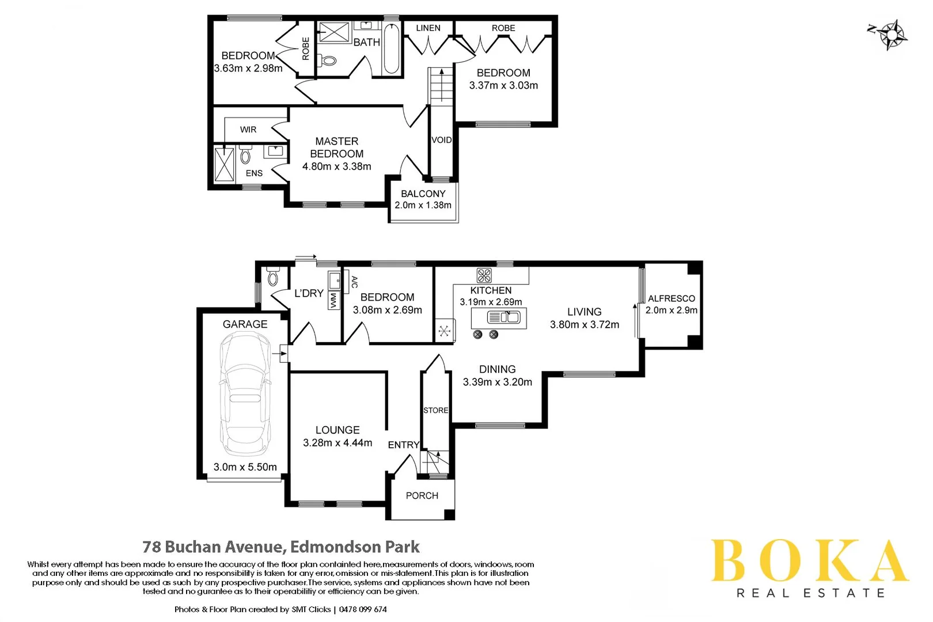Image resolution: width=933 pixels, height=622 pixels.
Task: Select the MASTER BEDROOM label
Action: pos(337,147)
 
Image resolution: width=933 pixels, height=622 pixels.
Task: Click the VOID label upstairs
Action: pos(442,140)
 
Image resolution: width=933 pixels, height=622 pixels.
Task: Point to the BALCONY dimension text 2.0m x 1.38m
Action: pos(423,205)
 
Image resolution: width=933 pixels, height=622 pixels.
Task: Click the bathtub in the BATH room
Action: pos(391,48)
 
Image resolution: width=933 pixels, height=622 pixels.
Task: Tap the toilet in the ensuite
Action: pos(246,155)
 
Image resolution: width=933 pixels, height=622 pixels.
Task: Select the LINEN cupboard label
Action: pos(428,28)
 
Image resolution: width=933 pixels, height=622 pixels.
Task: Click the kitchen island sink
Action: pos(504,317)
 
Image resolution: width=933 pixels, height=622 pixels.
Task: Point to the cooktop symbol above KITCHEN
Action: pos(484,275)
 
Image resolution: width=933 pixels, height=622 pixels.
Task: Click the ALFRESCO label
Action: pos(671,298)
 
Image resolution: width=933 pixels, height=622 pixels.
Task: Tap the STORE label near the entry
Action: pos(435,410)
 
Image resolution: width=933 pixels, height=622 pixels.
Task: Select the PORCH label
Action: pos(422,495)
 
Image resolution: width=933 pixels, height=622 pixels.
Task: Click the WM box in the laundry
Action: pos(333,301)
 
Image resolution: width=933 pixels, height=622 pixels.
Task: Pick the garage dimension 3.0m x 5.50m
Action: pos(245,467)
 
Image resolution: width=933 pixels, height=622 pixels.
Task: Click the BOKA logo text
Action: pos(809,562)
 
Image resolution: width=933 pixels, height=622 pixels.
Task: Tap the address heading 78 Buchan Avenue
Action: pos(281,547)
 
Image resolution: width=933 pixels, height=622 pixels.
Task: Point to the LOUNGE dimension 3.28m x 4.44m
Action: pos(337,443)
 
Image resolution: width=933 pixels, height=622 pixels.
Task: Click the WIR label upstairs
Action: pos(248,130)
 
